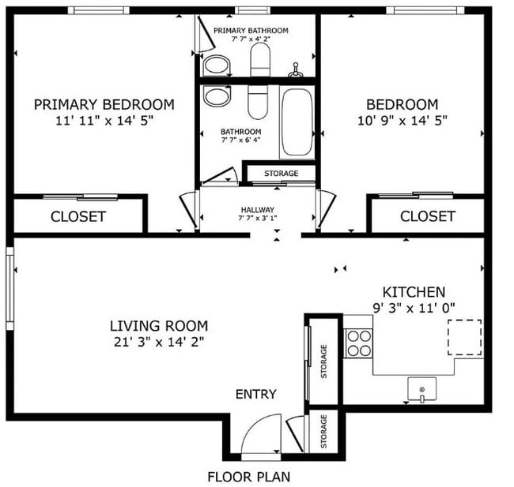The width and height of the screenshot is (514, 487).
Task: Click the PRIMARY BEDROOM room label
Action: tap(104, 104)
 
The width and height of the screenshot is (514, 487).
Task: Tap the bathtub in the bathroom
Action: tap(297, 122)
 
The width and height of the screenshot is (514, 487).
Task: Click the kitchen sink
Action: tap(422, 389)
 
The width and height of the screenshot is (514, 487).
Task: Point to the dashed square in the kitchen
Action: tap(464, 338)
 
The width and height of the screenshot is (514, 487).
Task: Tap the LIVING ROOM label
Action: tap(158, 325)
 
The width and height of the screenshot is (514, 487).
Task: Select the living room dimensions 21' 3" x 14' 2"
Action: tap(158, 342)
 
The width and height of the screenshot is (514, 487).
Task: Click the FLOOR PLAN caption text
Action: tap(248, 477)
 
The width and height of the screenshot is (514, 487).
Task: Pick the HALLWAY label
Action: tap(258, 210)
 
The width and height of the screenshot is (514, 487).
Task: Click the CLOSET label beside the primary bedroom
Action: tap(78, 216)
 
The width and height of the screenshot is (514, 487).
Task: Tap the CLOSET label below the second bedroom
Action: tap(427, 216)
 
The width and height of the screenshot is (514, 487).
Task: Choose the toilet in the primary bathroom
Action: tap(260, 58)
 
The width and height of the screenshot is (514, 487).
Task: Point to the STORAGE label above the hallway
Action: tap(281, 173)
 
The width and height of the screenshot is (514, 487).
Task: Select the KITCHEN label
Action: tap(414, 292)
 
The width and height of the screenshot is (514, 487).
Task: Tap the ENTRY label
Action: tap(256, 395)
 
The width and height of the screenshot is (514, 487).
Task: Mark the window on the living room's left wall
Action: tap(10, 288)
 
